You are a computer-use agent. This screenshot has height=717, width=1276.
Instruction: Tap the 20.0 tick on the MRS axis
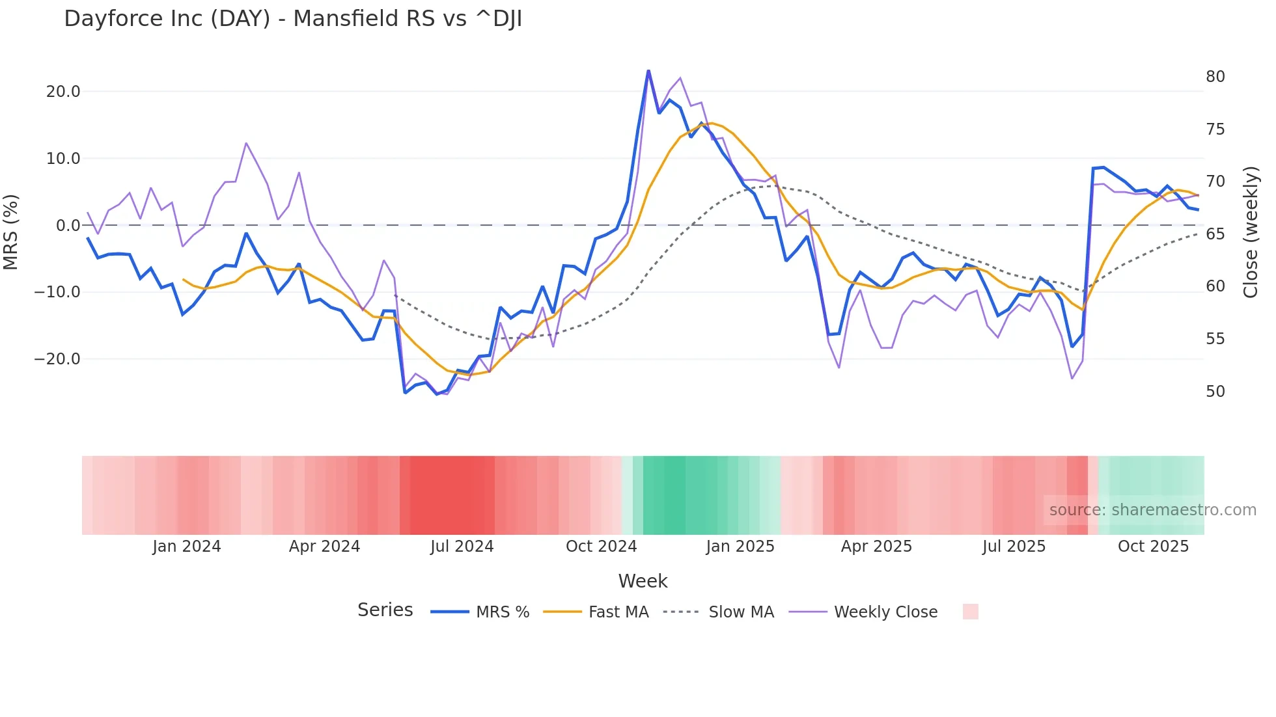(63, 92)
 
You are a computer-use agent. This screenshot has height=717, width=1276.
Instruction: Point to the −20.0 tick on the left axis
(57, 359)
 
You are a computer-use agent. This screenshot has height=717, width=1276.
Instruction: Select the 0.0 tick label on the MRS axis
(68, 226)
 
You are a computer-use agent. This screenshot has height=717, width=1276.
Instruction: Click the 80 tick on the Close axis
(1215, 77)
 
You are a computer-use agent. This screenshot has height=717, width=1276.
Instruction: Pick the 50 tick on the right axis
(1215, 392)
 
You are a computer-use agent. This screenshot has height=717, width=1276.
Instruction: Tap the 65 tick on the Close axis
(1215, 234)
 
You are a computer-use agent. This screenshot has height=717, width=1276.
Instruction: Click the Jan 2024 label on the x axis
(187, 547)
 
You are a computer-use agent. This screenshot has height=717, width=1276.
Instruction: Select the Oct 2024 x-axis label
(601, 547)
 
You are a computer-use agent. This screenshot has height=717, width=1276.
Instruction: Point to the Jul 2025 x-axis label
(1014, 547)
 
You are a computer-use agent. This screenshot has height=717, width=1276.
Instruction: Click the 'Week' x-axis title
(643, 581)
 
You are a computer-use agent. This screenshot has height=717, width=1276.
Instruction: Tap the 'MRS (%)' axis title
(11, 232)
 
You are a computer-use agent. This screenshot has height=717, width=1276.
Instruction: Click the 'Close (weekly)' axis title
(1250, 232)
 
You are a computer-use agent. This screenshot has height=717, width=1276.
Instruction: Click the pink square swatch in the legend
(970, 612)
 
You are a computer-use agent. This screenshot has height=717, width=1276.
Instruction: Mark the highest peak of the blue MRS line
(648, 71)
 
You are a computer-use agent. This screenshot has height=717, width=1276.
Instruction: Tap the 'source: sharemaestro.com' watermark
(1152, 510)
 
